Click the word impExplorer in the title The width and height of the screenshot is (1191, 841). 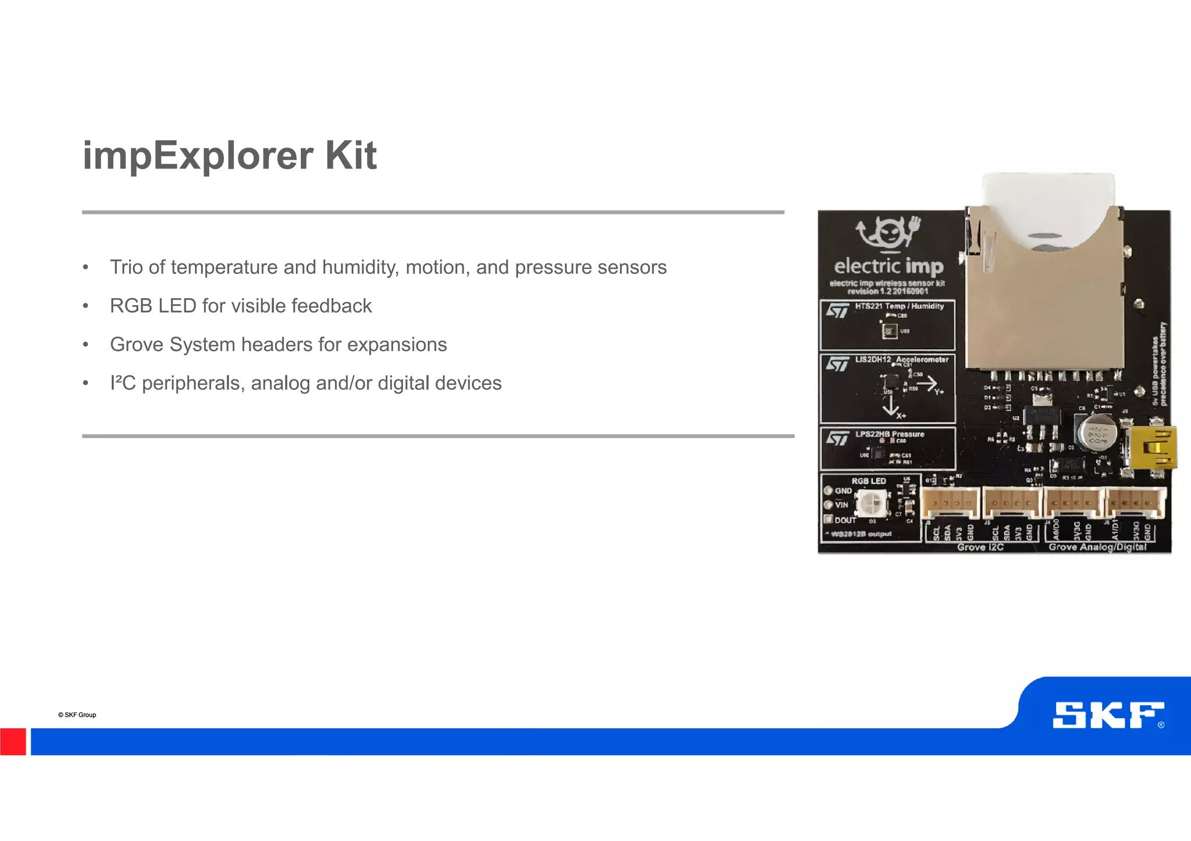(198, 156)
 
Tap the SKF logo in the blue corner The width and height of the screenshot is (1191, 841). (1107, 715)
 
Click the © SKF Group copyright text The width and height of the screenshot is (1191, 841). (77, 715)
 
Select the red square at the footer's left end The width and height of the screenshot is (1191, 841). (13, 742)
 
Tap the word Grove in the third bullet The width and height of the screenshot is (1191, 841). (137, 345)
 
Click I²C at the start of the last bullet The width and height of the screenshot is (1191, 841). (123, 383)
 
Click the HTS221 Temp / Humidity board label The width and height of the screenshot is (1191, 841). (899, 306)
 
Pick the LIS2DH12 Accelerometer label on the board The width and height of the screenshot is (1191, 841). (901, 360)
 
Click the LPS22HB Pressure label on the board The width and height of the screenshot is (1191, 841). (890, 434)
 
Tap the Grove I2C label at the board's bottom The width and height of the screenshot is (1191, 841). (980, 547)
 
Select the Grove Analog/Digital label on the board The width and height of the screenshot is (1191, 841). (1097, 547)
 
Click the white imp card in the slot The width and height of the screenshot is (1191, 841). (1048, 209)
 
